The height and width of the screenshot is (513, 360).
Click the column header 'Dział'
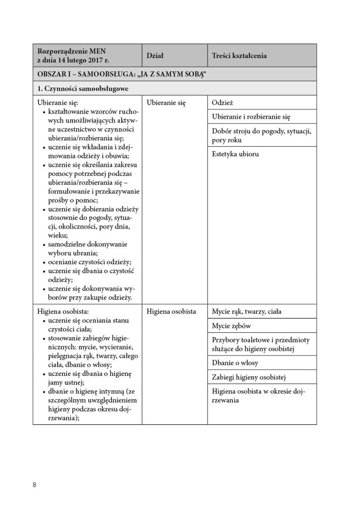coord(155,56)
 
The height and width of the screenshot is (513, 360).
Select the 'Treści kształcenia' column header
coord(239,56)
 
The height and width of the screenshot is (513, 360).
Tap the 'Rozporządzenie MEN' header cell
coord(72,51)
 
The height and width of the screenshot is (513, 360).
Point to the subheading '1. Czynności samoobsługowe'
coord(83,88)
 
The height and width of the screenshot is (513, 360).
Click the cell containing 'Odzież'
coord(222,103)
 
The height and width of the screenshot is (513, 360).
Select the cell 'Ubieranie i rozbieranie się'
coord(251,117)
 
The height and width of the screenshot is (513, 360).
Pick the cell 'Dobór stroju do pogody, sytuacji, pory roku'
coord(261,136)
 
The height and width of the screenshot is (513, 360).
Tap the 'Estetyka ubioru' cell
coord(235,154)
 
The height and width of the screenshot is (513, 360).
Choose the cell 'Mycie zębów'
coord(231,326)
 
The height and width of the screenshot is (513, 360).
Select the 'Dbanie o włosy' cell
coord(235,363)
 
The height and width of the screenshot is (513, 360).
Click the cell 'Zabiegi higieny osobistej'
coord(249,377)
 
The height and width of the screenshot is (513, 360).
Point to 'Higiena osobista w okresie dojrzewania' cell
coord(258,396)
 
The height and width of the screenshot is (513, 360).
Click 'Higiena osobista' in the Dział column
coord(171,311)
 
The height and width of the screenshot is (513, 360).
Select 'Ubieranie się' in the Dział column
coord(166,103)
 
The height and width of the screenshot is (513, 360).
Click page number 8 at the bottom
coord(35,485)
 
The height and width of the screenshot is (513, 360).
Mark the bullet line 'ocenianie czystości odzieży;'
coord(90,262)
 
